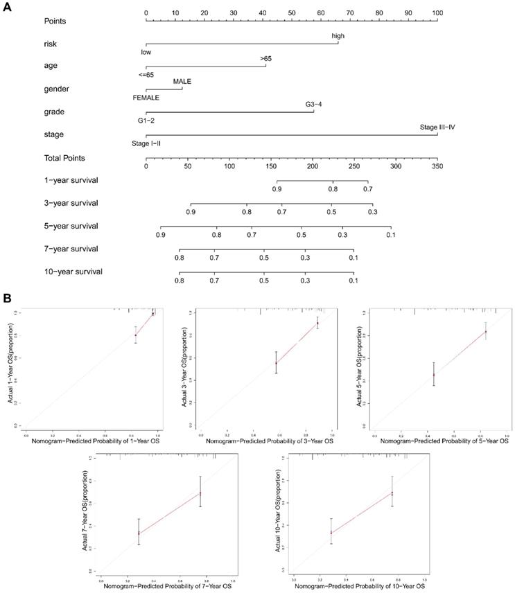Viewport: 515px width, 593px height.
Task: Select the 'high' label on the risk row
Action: pyautogui.click(x=338, y=36)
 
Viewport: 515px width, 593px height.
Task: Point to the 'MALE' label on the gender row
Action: pyautogui.click(x=182, y=82)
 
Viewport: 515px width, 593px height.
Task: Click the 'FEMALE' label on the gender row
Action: pyautogui.click(x=146, y=98)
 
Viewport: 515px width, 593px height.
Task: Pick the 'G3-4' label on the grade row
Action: pyautogui.click(x=314, y=105)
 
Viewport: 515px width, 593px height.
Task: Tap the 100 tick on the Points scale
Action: pyautogui.click(x=437, y=13)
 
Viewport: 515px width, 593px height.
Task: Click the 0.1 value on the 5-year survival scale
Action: pyautogui.click(x=390, y=236)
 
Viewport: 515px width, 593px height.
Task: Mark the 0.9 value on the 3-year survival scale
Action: pyautogui.click(x=191, y=212)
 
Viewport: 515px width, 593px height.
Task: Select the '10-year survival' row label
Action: pyautogui.click(x=72, y=272)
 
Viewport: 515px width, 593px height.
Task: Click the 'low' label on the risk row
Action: pyautogui.click(x=146, y=52)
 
